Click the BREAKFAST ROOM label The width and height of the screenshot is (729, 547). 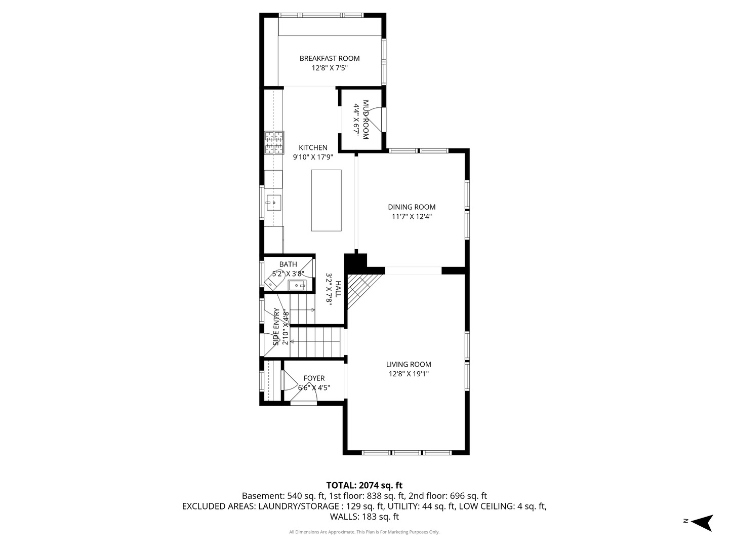[x=329, y=58]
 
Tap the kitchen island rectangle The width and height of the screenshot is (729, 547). [x=326, y=200]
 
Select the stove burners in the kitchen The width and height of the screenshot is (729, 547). [x=274, y=143]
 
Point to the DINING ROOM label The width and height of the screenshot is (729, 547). [x=412, y=207]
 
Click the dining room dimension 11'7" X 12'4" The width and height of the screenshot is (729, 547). [x=412, y=217]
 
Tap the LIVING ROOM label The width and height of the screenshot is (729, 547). [x=409, y=364]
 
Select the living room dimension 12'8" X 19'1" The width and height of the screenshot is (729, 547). [x=409, y=374]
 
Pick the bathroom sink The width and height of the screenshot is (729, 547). [x=297, y=285]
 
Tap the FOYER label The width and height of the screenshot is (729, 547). [x=314, y=378]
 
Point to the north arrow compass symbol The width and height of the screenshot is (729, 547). [x=703, y=523]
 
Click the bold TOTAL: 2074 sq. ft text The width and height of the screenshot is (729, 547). [x=364, y=485]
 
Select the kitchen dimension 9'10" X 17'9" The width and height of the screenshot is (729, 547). [x=313, y=157]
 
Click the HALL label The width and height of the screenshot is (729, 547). [x=338, y=289]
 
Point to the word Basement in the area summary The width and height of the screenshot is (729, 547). [x=263, y=496]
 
